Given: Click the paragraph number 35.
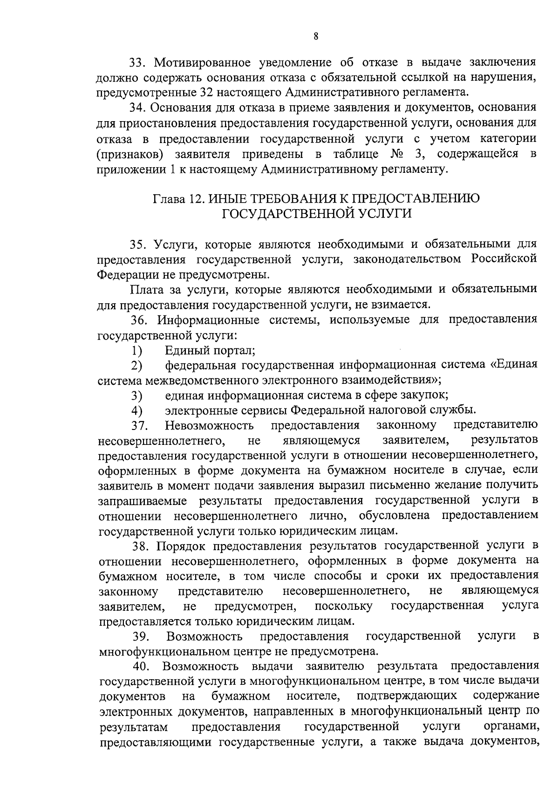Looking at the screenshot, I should [x=139, y=244].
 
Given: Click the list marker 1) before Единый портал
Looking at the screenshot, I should [x=136, y=350].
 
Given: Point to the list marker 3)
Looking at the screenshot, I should [x=136, y=395].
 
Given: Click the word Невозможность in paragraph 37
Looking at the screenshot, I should [x=209, y=425].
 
